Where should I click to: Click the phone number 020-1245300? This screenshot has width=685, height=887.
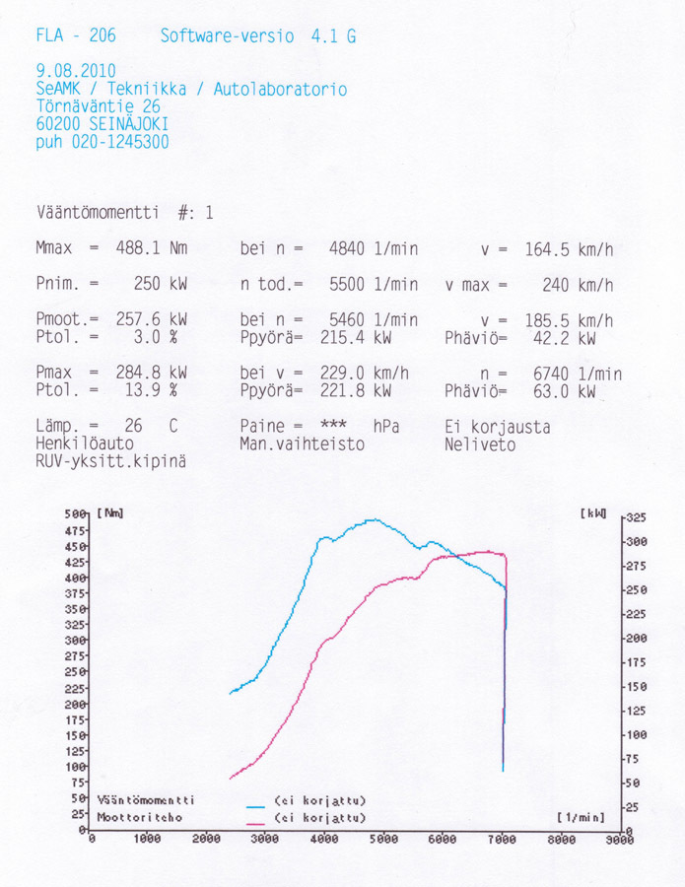point(119,142)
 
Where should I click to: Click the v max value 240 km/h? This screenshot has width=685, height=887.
point(578,285)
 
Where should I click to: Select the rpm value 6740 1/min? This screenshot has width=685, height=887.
point(578,375)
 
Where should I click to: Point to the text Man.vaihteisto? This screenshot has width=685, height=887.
point(303,444)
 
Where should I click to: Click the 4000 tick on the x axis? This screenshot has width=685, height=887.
point(324,839)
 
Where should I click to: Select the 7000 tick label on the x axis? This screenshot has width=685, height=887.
point(502,839)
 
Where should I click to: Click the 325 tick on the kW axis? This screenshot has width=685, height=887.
point(636,517)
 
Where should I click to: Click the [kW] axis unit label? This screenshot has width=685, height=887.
point(595,513)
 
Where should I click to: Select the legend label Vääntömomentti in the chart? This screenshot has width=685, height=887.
point(146,800)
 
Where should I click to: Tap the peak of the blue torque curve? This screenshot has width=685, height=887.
point(373,519)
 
